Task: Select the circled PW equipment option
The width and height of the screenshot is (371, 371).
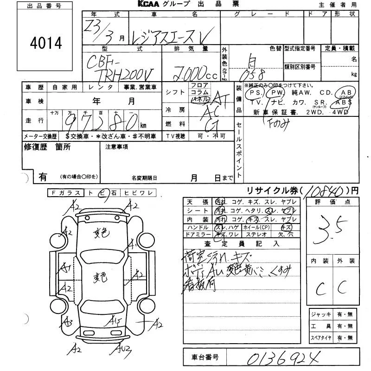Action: tap(277, 92)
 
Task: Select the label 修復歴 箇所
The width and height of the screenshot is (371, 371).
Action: tap(47, 147)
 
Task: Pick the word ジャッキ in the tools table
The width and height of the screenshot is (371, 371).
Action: tap(321, 314)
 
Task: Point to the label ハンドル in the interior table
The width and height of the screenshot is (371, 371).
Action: tap(197, 227)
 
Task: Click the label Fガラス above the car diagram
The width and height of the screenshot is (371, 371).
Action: tap(65, 193)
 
